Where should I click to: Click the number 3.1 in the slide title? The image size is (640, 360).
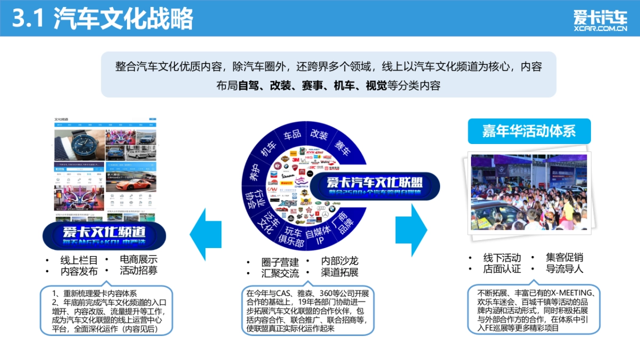(29, 19)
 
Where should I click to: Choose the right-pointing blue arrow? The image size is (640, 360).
(411, 230)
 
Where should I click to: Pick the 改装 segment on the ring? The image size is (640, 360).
(319, 135)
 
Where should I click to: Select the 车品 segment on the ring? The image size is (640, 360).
(292, 135)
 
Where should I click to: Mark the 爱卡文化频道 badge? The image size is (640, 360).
(104, 235)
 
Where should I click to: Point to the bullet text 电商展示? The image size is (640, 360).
(139, 260)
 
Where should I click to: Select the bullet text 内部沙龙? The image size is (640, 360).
(339, 261)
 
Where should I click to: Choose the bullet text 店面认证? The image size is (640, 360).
(502, 269)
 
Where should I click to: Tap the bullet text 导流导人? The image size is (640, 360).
(564, 269)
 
